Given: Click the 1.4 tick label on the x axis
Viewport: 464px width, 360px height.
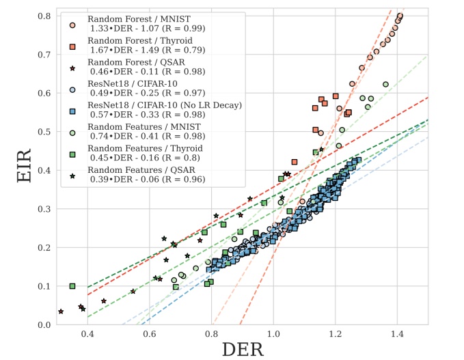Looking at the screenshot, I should click(397, 334).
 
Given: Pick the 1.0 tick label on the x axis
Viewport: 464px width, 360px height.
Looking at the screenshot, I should click(273, 334).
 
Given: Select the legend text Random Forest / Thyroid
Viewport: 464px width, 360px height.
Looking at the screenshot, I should click(139, 41).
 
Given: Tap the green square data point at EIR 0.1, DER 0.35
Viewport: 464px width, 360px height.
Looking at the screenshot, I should click(72, 286).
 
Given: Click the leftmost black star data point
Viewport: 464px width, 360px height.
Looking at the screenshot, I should click(61, 311).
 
